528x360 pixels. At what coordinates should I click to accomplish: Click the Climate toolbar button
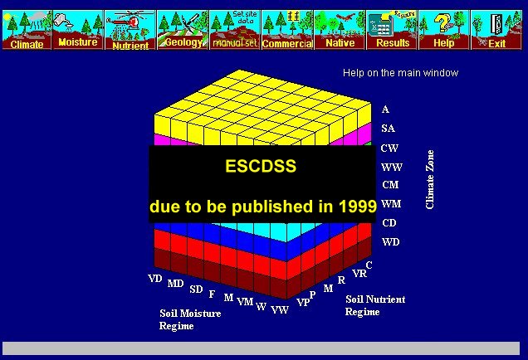pyautogui.click(x=27, y=30)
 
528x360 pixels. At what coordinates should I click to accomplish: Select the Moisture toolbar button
pyautogui.click(x=78, y=30)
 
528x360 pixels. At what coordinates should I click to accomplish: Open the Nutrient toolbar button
pyautogui.click(x=130, y=30)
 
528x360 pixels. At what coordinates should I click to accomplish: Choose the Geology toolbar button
pyautogui.click(x=183, y=30)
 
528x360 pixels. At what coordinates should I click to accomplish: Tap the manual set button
pyautogui.click(x=235, y=30)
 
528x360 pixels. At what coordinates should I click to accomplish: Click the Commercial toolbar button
pyautogui.click(x=287, y=30)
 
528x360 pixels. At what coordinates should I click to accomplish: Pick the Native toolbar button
pyautogui.click(x=340, y=30)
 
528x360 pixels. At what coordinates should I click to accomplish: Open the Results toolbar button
pyautogui.click(x=392, y=30)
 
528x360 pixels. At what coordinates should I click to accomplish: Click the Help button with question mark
pyautogui.click(x=444, y=30)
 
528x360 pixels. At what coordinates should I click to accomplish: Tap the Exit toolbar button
pyautogui.click(x=496, y=30)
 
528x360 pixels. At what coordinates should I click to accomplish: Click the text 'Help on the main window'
pyautogui.click(x=400, y=73)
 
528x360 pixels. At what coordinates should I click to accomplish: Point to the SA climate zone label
pyautogui.click(x=388, y=129)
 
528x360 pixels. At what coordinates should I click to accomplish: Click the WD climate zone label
pyautogui.click(x=391, y=242)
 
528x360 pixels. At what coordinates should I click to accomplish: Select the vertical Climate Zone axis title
pyautogui.click(x=430, y=180)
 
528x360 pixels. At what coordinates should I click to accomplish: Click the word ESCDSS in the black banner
pyautogui.click(x=261, y=166)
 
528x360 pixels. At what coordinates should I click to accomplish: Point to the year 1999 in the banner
pyautogui.click(x=358, y=206)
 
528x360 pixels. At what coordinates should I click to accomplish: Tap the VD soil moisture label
pyautogui.click(x=155, y=279)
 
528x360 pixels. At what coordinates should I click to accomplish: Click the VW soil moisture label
pyautogui.click(x=280, y=310)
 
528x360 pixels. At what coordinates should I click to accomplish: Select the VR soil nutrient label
pyautogui.click(x=359, y=274)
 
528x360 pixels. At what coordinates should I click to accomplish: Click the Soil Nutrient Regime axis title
pyautogui.click(x=375, y=305)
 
